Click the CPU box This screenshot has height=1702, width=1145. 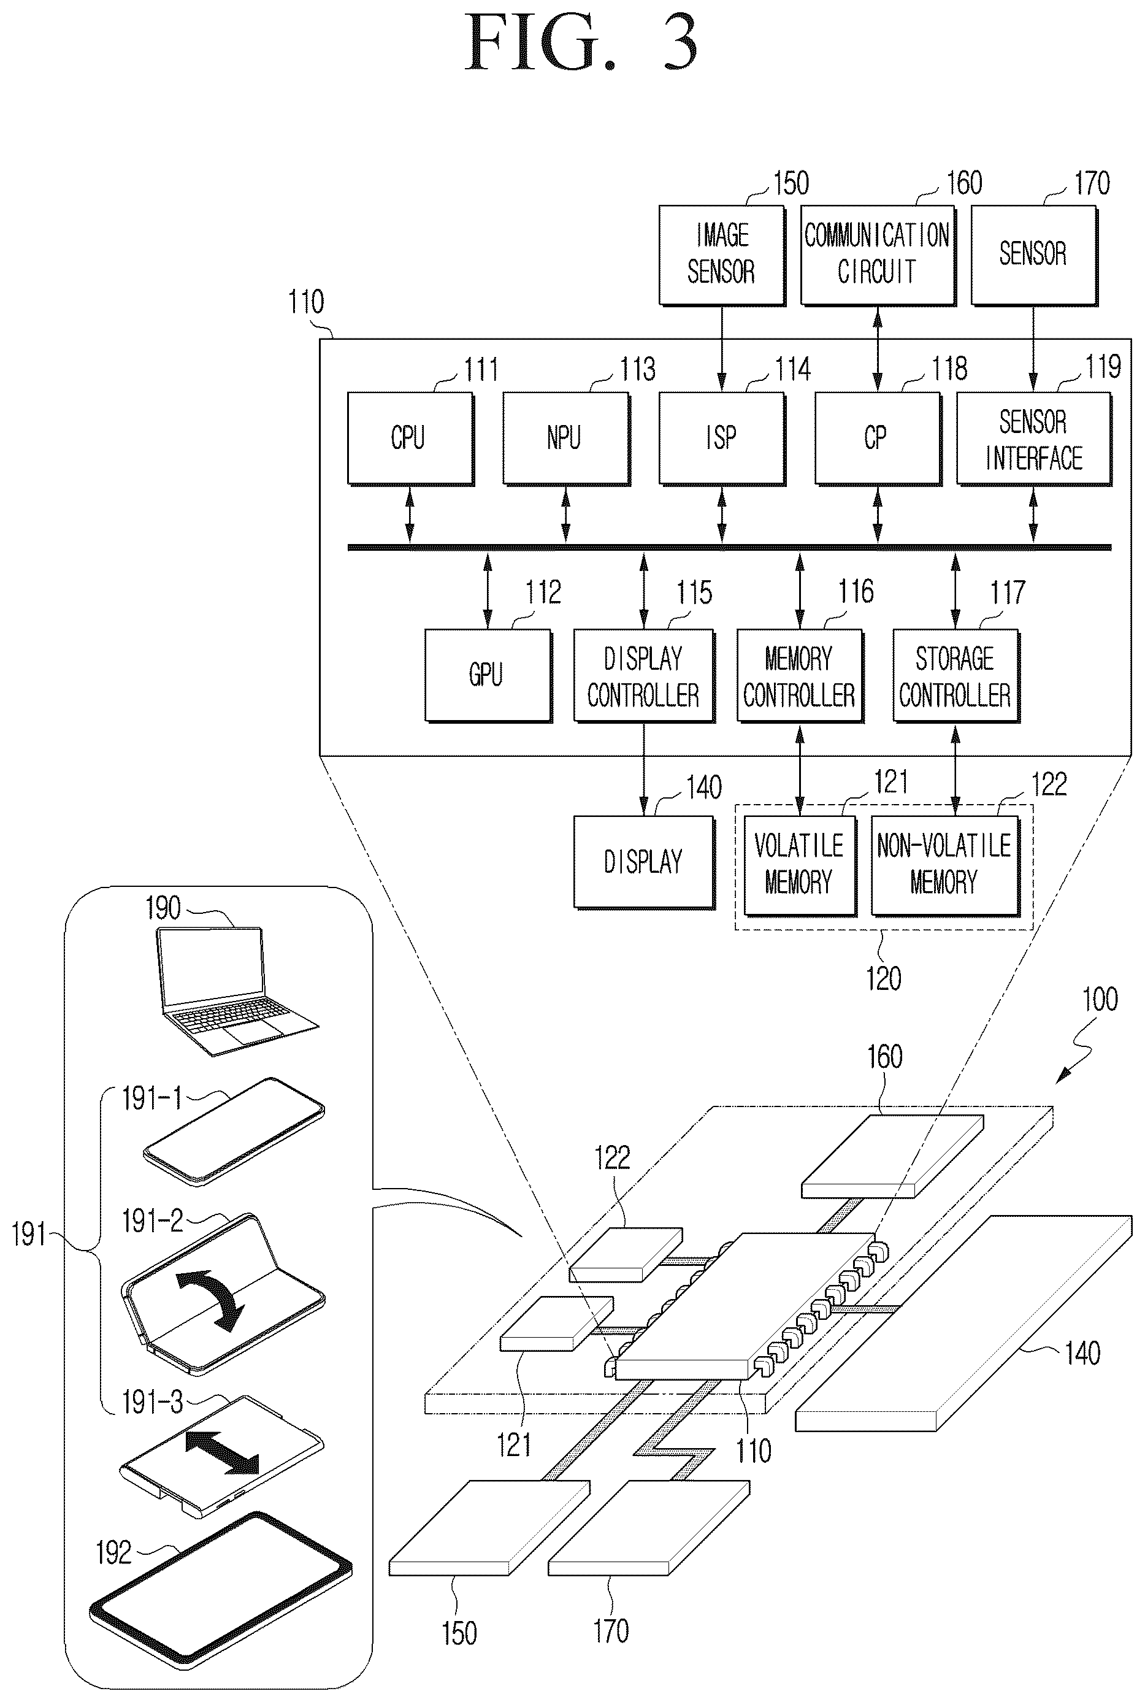tap(410, 438)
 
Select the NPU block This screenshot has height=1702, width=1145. tap(566, 438)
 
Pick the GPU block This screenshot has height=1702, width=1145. tap(488, 675)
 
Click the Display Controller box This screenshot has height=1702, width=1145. tap(644, 675)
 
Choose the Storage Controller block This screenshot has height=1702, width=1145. tap(956, 675)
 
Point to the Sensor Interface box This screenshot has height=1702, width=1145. tap(1034, 438)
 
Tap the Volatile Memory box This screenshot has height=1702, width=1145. tap(800, 865)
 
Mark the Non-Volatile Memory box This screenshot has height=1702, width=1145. tap(945, 865)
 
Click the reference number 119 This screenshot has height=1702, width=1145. tap(1103, 367)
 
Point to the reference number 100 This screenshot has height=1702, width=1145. tap(1100, 999)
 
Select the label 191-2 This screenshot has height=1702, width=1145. tap(152, 1221)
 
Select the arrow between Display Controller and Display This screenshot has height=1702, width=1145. tap(643, 769)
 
